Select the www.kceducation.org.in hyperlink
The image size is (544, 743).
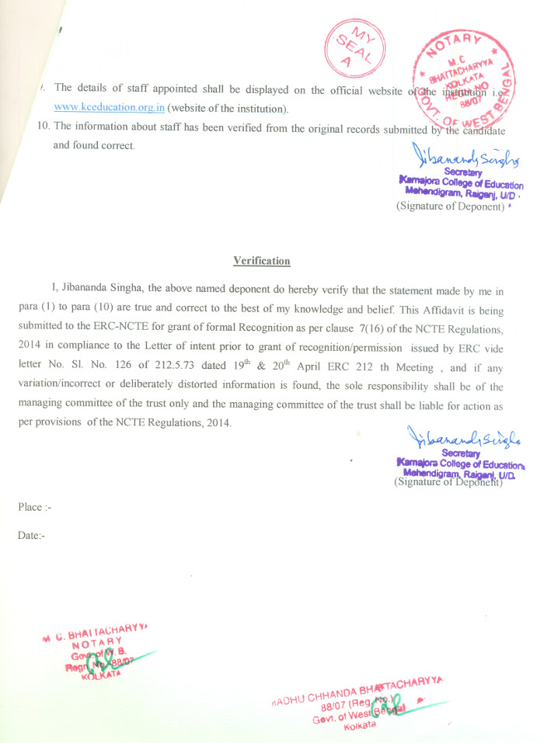click(x=109, y=107)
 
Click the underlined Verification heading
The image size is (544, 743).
click(x=262, y=261)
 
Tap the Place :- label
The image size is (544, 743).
click(x=35, y=507)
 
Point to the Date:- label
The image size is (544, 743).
click(x=33, y=536)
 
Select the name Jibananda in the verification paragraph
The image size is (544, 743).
click(x=94, y=291)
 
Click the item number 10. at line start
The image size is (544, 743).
click(x=44, y=126)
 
